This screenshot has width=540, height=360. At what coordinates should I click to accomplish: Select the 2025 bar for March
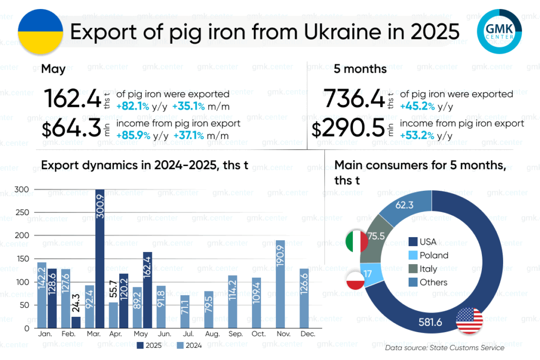tap(100, 258)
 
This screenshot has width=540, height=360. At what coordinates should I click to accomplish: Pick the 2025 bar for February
tap(76, 322)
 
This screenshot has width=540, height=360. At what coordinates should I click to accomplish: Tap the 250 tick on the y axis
tap(22, 212)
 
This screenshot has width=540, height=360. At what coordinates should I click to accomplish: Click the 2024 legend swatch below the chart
tap(180, 345)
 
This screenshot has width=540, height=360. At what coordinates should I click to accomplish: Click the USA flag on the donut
tap(470, 319)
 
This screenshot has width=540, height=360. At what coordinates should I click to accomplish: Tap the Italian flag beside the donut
tap(356, 241)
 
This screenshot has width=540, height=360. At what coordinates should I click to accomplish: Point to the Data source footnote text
tap(445, 348)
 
